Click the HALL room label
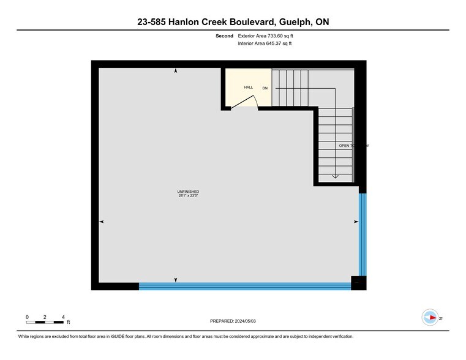pyautogui.click(x=249, y=88)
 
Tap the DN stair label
pyautogui.click(x=265, y=88)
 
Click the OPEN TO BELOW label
pyautogui.click(x=354, y=146)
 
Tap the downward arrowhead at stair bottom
pyautogui.click(x=335, y=176)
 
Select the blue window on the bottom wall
pyautogui.click(x=245, y=286)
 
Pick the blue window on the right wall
pyautogui.click(x=363, y=234)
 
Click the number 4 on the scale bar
pyautogui.click(x=64, y=317)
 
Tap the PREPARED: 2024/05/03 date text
pyautogui.click(x=233, y=321)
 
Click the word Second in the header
pyautogui.click(x=224, y=36)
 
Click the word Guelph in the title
pyautogui.click(x=294, y=22)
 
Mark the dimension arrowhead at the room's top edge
pyautogui.click(x=176, y=71)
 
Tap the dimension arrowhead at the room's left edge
pyautogui.click(x=101, y=221)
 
